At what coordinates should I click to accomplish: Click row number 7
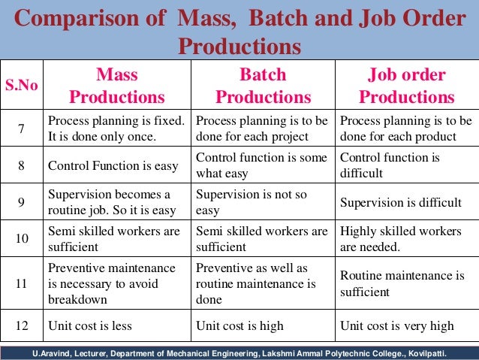coord(23,129)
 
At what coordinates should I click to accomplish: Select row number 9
coord(23,202)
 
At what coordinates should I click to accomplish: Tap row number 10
coord(23,239)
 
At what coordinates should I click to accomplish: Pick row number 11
coord(23,283)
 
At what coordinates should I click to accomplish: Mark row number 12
coord(23,326)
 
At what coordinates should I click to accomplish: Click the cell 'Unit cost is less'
coord(91,326)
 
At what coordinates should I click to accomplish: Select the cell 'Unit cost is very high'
coord(396,326)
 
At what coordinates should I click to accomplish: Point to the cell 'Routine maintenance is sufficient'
coord(402,283)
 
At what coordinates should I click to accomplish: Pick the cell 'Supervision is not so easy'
coord(252,202)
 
